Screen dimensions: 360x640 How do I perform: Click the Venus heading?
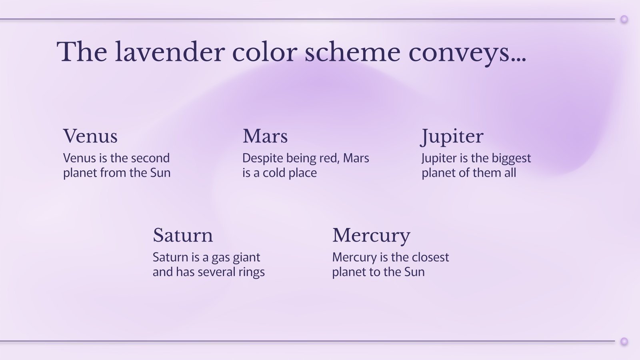pos(90,136)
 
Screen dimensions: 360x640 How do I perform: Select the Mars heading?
pos(265,136)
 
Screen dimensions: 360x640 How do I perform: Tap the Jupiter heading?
pos(452,136)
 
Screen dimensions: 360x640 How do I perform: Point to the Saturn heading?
pos(183,235)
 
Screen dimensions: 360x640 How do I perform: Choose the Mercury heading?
pos(371,235)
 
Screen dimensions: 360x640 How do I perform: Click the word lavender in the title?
pos(170,52)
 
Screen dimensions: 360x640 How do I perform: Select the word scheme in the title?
pos(352,52)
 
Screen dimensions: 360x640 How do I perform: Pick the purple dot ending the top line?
pos(624,19)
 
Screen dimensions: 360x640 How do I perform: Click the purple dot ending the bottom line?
pos(624,341)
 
